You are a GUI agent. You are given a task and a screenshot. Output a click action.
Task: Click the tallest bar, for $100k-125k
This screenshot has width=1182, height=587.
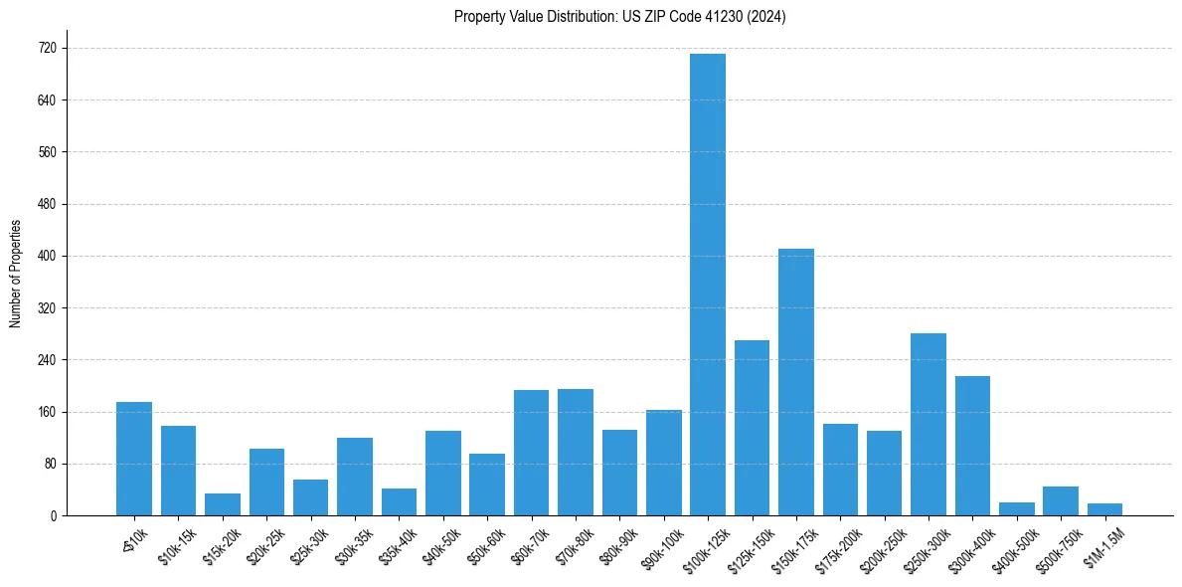point(708,285)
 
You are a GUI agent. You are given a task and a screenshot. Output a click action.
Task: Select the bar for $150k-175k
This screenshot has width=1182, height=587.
point(796,382)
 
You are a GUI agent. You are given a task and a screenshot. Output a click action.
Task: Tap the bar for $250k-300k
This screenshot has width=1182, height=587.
point(929,424)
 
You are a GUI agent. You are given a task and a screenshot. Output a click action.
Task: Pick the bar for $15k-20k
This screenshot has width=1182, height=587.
point(223,504)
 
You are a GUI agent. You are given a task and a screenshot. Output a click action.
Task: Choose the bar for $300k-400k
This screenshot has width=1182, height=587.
point(972,446)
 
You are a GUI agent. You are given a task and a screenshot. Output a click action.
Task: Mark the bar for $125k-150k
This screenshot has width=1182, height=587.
point(752,428)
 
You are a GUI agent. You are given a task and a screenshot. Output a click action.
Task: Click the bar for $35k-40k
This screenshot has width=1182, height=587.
point(399,501)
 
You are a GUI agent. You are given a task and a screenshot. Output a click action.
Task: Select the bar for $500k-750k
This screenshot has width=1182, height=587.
point(1061,500)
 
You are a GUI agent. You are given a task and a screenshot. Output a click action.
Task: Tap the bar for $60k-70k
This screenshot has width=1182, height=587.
point(531,453)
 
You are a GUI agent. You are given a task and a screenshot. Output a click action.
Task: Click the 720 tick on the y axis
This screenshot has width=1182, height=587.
point(47,48)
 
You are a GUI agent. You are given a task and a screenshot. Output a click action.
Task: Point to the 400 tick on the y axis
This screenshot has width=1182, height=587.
point(47,256)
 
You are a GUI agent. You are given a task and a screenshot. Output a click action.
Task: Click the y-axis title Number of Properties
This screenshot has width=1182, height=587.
point(15,274)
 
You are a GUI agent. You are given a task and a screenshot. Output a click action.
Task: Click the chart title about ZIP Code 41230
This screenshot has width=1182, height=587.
point(619,16)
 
